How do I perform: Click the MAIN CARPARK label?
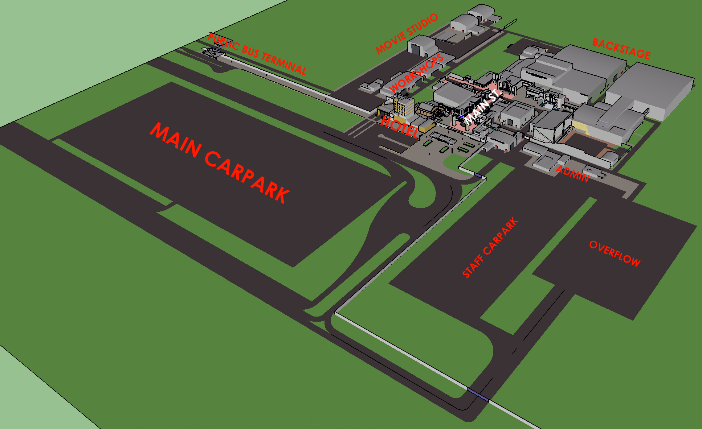[220, 163]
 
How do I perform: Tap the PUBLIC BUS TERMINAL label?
[257, 54]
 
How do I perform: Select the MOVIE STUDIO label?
[407, 34]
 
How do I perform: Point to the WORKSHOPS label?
[416, 73]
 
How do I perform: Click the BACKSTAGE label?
[621, 49]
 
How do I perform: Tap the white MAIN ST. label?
[483, 106]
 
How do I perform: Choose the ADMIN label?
[572, 174]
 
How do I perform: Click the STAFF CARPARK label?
[490, 248]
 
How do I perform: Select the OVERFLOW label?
[615, 253]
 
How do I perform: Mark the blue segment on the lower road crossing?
[478, 394]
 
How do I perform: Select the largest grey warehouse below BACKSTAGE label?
[650, 91]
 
